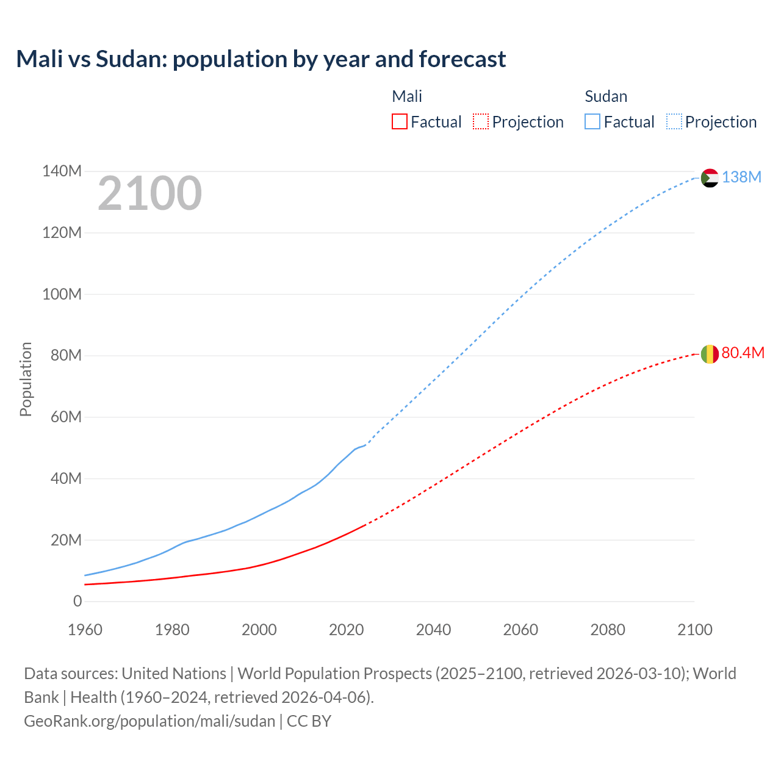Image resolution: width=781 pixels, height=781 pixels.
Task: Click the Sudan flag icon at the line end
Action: tap(710, 178)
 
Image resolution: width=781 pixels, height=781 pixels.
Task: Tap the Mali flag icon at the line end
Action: tap(710, 354)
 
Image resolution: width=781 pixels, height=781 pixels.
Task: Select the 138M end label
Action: tap(741, 177)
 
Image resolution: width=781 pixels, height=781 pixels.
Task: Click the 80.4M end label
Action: tap(743, 353)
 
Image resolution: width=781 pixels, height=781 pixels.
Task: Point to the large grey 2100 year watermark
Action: tap(149, 193)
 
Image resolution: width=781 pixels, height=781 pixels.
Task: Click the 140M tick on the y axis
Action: tap(62, 171)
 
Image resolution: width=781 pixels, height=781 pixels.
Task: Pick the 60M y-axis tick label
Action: tap(65, 417)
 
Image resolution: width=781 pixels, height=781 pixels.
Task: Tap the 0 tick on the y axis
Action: tap(77, 602)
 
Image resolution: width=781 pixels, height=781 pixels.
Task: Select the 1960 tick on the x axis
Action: tap(85, 630)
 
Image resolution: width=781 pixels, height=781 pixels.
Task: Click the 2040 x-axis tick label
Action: tap(433, 630)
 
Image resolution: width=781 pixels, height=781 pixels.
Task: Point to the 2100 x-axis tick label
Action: tap(694, 630)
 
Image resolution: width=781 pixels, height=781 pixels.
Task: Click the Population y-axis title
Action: tap(26, 379)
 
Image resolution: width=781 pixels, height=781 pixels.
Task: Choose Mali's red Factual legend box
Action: tap(399, 121)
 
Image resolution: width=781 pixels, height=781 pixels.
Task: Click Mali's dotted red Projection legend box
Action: tap(481, 121)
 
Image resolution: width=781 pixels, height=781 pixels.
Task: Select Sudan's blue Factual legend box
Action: tap(592, 121)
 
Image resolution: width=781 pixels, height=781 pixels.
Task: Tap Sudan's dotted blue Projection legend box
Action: tap(674, 121)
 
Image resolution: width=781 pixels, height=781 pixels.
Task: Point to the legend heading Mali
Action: tap(406, 96)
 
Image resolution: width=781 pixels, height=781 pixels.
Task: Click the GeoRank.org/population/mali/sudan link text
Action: tap(149, 721)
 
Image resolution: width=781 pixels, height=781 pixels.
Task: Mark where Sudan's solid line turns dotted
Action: tap(365, 445)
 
